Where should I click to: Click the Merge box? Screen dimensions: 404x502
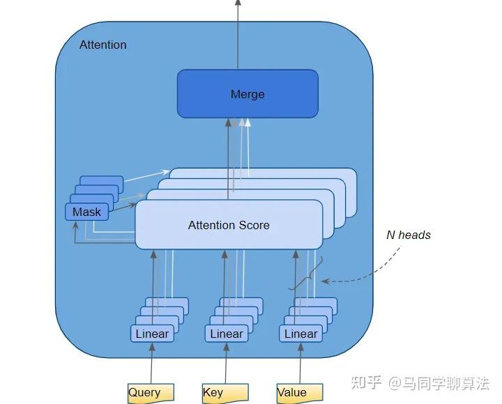[248, 93]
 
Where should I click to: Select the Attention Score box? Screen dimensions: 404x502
[229, 225]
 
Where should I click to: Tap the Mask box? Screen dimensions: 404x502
[86, 212]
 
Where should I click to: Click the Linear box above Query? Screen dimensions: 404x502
[152, 334]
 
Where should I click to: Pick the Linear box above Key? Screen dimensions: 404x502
[227, 334]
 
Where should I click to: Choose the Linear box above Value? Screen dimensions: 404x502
[301, 334]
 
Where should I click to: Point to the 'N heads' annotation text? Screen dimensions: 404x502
[409, 235]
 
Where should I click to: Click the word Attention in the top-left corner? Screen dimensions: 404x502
[103, 45]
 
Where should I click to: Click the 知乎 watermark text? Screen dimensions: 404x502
[366, 382]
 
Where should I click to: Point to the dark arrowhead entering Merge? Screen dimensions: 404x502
[228, 123]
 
